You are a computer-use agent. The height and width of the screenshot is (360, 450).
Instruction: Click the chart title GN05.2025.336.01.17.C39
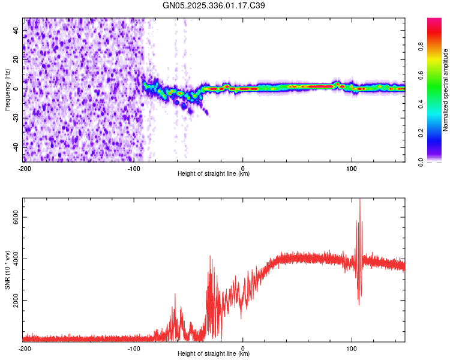(x=214, y=5)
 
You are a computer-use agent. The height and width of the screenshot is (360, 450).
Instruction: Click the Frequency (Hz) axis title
(x=7, y=89)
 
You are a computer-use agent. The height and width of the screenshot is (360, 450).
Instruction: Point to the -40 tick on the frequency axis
(x=16, y=146)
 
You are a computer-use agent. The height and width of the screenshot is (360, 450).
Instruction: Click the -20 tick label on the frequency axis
(x=16, y=118)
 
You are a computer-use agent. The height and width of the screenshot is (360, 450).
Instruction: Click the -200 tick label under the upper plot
(x=25, y=168)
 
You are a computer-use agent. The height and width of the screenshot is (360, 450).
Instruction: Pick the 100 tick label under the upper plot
(x=352, y=168)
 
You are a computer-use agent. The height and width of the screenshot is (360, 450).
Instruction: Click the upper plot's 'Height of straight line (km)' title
(x=214, y=174)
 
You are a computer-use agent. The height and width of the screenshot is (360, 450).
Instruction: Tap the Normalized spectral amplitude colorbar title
(x=446, y=89)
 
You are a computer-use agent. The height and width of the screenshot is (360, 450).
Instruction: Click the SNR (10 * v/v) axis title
(x=7, y=269)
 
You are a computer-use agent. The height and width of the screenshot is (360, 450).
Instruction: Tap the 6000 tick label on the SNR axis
(x=13, y=218)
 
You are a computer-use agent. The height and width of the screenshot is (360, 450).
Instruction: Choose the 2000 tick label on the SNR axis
(x=13, y=301)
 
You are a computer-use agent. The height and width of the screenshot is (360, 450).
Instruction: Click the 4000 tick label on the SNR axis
(x=13, y=259)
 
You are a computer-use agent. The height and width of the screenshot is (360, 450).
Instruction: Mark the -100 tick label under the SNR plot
(x=134, y=348)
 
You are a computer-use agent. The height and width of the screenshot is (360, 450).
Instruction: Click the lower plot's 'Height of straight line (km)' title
(x=214, y=354)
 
